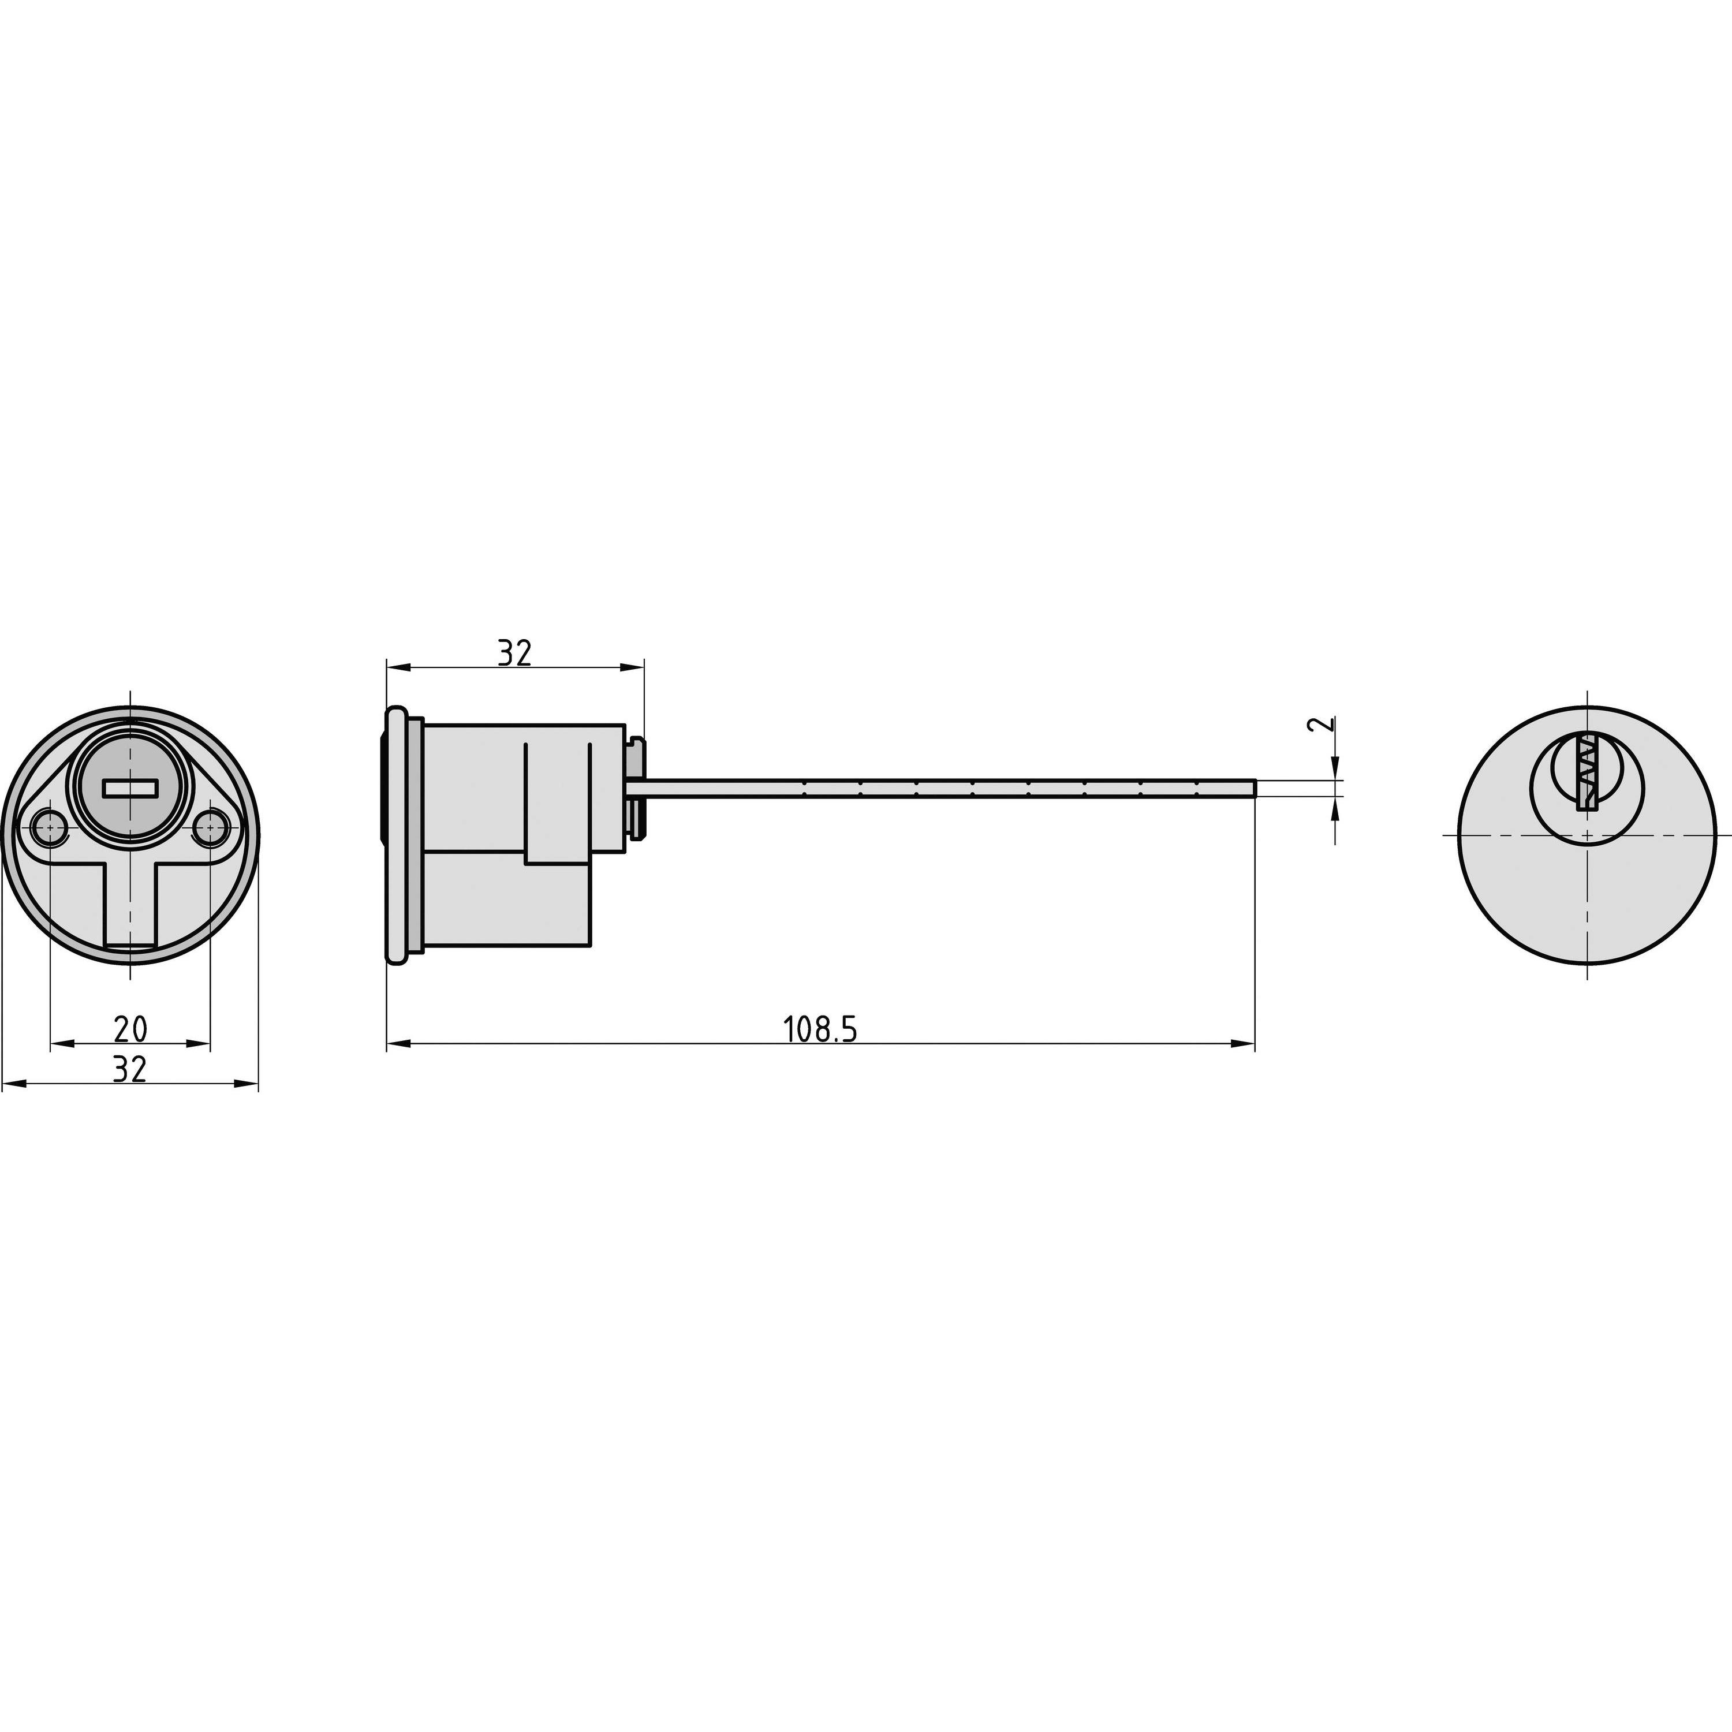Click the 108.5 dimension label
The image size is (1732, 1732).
820,1030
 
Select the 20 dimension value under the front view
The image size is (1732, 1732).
131,1029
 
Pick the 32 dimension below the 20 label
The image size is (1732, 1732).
131,1069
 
